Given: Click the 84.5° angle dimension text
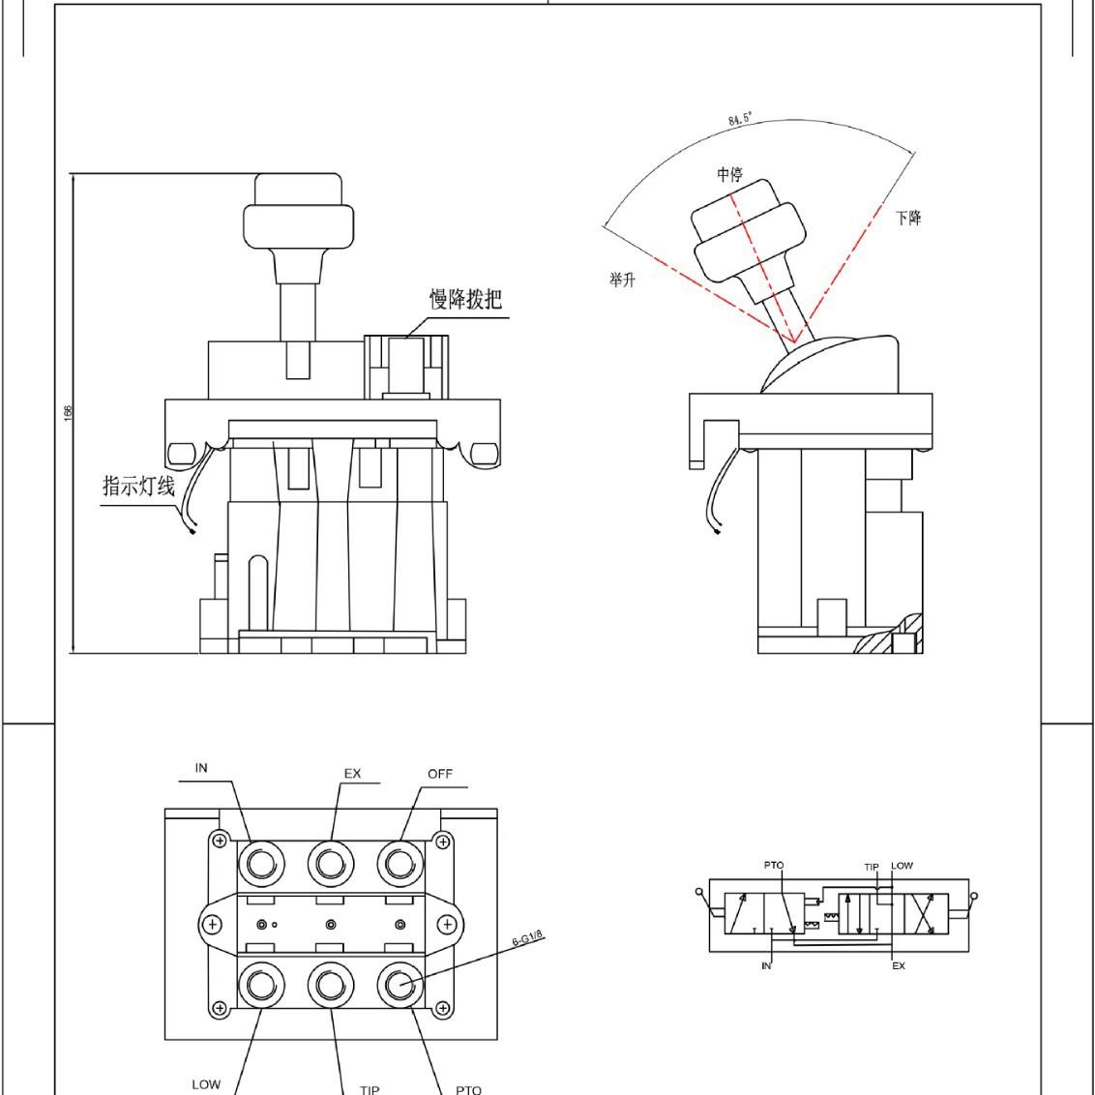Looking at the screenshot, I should [x=740, y=119].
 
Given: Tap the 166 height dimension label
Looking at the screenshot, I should [x=68, y=412].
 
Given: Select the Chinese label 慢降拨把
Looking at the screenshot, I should [x=465, y=299].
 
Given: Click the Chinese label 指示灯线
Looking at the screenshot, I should [x=138, y=486].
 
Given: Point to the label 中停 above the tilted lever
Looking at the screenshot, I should [x=729, y=175].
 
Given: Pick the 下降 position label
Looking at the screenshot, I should [x=908, y=218].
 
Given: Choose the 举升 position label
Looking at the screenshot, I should [x=622, y=280].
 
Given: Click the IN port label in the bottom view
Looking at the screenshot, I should [x=201, y=768].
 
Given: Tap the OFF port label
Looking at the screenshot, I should [x=440, y=774].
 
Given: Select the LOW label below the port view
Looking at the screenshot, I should [x=206, y=1084].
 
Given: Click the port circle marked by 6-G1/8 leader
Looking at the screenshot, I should [x=396, y=985].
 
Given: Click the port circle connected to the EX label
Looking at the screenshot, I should [x=328, y=861].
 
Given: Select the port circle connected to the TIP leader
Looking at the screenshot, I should [x=328, y=985].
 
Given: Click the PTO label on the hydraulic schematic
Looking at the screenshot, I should [x=774, y=865].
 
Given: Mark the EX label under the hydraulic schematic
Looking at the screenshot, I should [x=898, y=966].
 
